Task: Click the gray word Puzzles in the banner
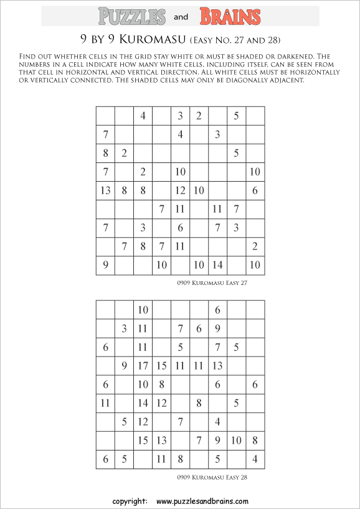[132, 16]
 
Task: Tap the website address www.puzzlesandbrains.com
[202, 501]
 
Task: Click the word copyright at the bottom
[130, 501]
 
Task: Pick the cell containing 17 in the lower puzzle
[143, 365]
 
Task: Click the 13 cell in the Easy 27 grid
[105, 191]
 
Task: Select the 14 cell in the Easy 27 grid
[217, 266]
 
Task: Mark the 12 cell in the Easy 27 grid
[180, 191]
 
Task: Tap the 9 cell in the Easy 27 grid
[105, 266]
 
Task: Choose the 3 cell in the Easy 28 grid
[124, 328]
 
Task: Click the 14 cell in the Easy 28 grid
[143, 403]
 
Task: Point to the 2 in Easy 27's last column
[255, 247]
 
